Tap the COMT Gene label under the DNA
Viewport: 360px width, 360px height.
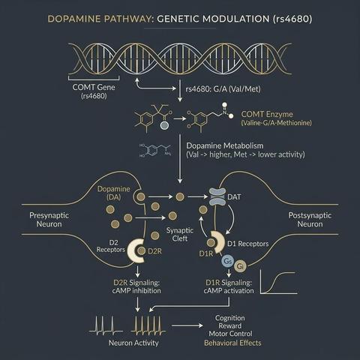[x=94, y=87]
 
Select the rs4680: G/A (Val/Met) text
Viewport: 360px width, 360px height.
[x=223, y=88]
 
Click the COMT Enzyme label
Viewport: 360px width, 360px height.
[x=267, y=114]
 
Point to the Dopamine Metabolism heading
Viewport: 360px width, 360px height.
[x=225, y=145]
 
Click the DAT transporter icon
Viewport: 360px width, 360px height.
[x=217, y=197]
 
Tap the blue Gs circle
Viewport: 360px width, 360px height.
[x=227, y=261]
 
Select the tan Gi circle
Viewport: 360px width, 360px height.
[x=240, y=266]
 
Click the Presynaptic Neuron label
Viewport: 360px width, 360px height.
[x=49, y=220]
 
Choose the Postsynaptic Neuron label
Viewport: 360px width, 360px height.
[x=310, y=220]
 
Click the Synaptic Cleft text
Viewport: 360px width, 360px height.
[x=180, y=234]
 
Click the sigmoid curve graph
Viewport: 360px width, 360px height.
[x=279, y=282]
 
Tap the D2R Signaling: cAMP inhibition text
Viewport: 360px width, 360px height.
[x=136, y=286]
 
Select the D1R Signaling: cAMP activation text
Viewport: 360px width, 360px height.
[x=229, y=286]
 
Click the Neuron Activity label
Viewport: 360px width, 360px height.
[x=133, y=343]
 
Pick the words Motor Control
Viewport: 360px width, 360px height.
[x=230, y=334]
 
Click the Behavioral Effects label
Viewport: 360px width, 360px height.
[x=232, y=343]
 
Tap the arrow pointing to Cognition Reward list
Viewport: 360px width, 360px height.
[x=187, y=325]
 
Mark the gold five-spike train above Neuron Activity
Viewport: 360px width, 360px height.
[x=148, y=325]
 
